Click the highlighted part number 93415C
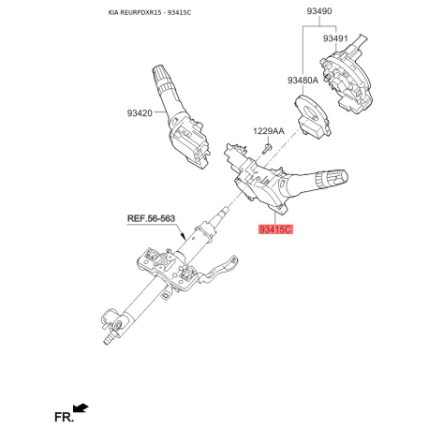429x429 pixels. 275,229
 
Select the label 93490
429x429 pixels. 319,11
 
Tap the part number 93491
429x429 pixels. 335,38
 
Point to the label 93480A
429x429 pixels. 303,81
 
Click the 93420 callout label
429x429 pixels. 140,113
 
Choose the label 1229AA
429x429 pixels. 269,131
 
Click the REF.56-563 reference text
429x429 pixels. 151,218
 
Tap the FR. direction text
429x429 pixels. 64,417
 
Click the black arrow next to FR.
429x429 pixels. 81,407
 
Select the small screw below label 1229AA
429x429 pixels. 267,149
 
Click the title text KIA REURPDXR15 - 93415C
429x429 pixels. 150,13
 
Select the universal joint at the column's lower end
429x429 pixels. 114,325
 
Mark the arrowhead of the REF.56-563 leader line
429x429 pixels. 185,237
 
